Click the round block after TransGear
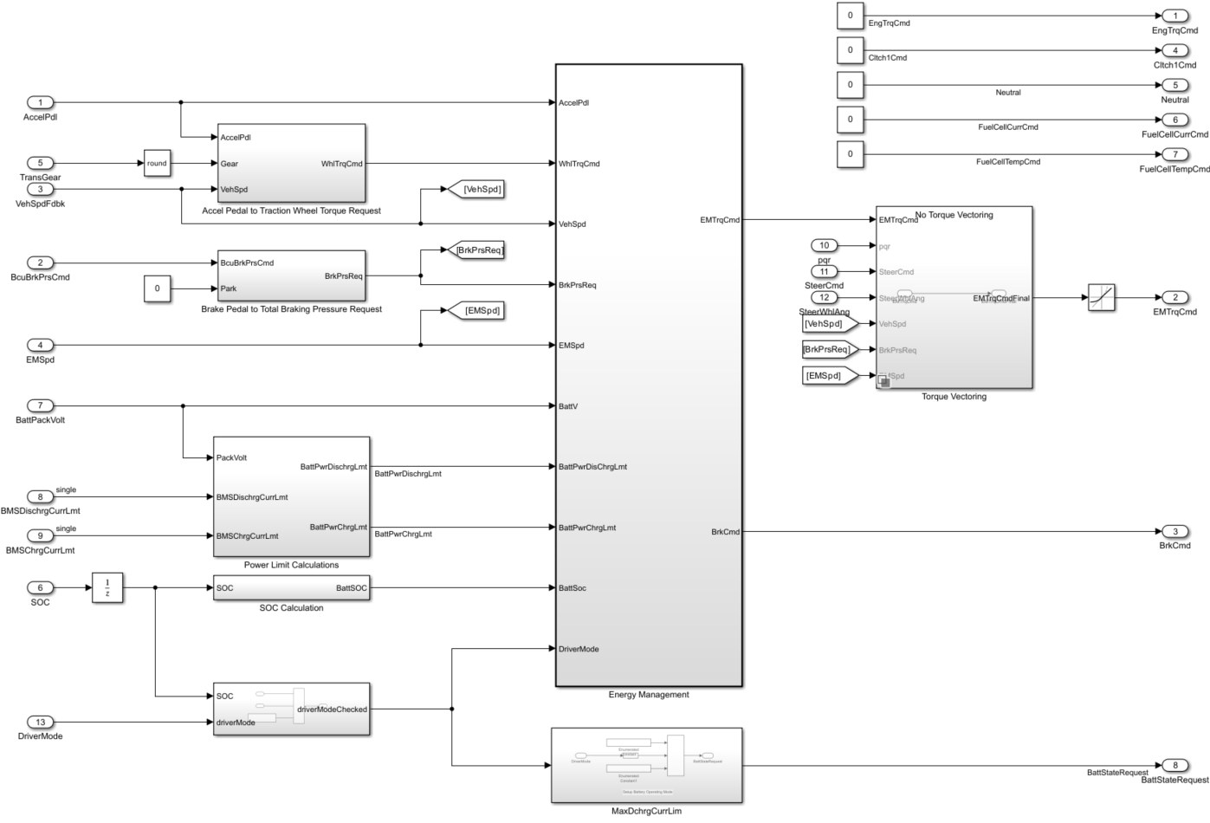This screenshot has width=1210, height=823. pos(157,163)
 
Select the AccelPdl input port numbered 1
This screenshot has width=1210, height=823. pos(40,102)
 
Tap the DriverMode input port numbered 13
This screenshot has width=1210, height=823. pos(40,722)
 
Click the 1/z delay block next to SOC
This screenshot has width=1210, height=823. pos(107,587)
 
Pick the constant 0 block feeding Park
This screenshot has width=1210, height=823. pos(157,288)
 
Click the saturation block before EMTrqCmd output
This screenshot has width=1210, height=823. pos(1101,297)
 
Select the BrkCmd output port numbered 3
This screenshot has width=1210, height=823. pos(1174,531)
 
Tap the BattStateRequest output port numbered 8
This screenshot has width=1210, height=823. pos(1174,765)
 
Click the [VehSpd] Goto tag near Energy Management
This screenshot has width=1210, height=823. pos(472,189)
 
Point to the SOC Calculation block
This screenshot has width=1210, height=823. pos(291,587)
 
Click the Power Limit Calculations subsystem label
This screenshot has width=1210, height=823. pos(291,565)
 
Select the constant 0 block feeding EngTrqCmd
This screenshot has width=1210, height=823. pos(850,16)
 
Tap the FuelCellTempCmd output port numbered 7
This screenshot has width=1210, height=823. pos(1174,154)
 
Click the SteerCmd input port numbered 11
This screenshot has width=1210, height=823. pos(824,271)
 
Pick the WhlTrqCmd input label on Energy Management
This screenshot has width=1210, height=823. pos(579,164)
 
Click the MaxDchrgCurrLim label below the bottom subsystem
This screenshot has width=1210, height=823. pos(646,811)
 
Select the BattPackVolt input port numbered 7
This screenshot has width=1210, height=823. pos(40,405)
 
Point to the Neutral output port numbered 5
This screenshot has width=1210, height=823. pos(1174,85)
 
